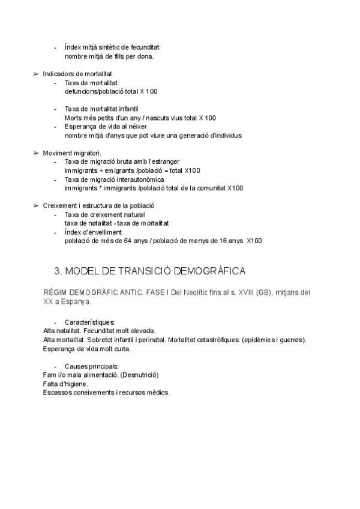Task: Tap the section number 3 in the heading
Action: coord(58,271)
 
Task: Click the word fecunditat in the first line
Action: coord(146,47)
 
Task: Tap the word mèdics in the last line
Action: coord(157,393)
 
